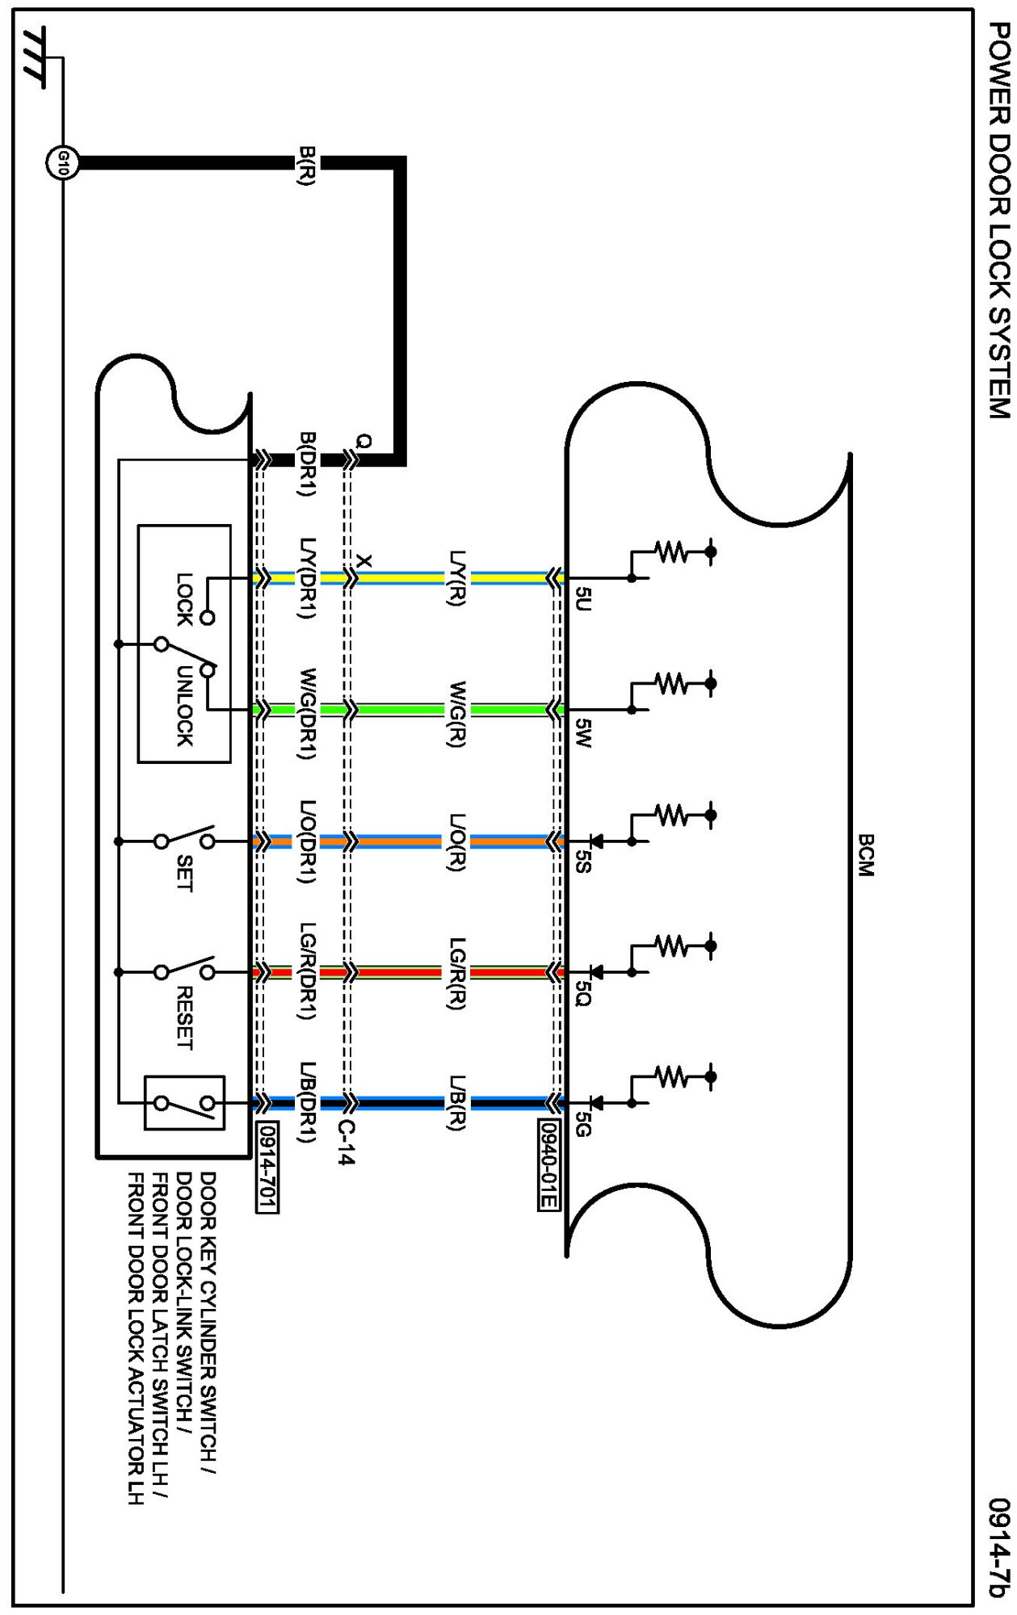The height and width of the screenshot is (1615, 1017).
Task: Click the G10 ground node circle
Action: click(x=62, y=164)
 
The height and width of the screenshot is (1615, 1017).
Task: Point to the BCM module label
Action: click(x=865, y=855)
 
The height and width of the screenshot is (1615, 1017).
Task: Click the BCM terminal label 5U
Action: click(x=583, y=598)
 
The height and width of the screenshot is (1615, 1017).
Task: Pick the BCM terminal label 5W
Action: click(x=583, y=732)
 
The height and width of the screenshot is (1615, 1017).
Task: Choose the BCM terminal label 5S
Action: click(x=583, y=862)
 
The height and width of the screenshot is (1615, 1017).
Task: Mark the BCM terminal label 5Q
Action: click(x=583, y=993)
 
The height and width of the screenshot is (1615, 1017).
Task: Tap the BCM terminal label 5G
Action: click(x=583, y=1124)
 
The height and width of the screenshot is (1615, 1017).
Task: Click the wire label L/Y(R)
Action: click(x=457, y=577)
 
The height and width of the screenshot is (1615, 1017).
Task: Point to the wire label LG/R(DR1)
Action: click(x=307, y=971)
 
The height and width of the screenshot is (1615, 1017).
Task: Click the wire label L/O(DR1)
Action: click(x=307, y=841)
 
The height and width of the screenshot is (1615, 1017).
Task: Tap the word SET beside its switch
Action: click(x=184, y=873)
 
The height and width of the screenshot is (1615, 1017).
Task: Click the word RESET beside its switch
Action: click(x=184, y=1017)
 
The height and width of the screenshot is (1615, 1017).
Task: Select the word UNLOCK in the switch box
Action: click(x=184, y=707)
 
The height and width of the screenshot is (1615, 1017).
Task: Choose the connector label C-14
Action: click(x=346, y=1142)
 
